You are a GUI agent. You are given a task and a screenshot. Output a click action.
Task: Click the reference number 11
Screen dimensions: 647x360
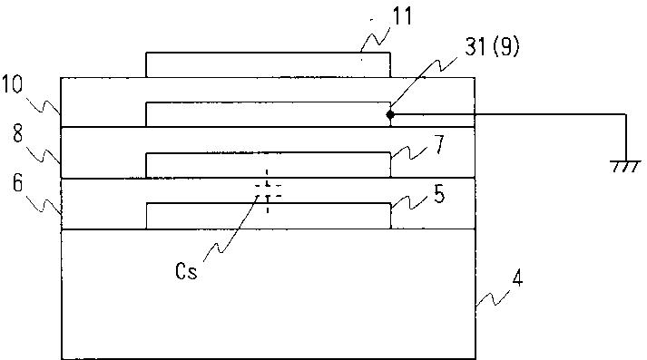click(402, 17)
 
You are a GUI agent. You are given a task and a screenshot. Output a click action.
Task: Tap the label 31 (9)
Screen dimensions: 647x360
click(492, 46)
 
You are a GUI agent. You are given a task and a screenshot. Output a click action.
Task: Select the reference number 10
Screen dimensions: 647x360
click(12, 85)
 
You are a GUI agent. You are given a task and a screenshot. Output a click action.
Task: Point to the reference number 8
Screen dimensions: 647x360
click(17, 134)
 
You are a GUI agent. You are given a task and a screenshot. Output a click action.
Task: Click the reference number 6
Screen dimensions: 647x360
click(17, 183)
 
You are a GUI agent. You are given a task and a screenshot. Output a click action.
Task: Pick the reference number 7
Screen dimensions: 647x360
click(439, 144)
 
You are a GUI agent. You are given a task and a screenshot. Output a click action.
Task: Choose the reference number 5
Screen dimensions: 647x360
click(439, 193)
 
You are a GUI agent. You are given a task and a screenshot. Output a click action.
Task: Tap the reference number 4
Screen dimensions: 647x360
click(517, 278)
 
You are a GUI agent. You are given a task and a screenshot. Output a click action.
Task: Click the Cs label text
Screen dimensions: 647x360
click(186, 271)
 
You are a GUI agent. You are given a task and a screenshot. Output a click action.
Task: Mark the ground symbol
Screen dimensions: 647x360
click(625, 166)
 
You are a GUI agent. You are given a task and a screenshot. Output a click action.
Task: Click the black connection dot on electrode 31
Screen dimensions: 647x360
click(390, 114)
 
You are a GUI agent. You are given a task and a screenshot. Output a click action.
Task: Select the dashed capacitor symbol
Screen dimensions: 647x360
click(268, 191)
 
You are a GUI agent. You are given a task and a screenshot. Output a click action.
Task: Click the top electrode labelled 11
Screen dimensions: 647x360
click(269, 64)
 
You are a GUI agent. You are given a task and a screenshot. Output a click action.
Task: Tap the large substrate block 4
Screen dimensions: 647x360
click(269, 295)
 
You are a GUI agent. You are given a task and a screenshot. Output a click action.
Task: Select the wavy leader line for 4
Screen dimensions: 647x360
click(493, 297)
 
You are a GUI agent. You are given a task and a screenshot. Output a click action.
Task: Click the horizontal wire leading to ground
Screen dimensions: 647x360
click(508, 114)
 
